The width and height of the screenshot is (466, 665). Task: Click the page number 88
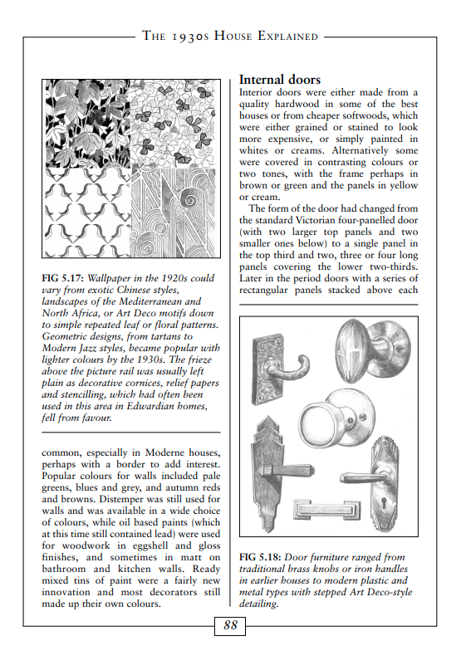coord(230,625)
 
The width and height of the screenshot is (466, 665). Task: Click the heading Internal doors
coord(280,80)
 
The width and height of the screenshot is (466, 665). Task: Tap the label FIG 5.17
coord(63,279)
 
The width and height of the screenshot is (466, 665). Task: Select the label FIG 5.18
coord(261,557)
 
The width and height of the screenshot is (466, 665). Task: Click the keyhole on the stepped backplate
coord(385,503)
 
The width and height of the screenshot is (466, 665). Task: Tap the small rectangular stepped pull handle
coord(326,510)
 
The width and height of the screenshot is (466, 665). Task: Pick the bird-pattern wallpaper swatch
coord(87,213)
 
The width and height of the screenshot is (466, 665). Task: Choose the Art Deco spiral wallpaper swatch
coord(174,213)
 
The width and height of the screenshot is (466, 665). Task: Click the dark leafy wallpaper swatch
coord(87,124)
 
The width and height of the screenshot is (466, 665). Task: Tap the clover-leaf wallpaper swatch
coord(174,124)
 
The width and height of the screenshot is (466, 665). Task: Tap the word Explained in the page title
coord(288,36)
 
